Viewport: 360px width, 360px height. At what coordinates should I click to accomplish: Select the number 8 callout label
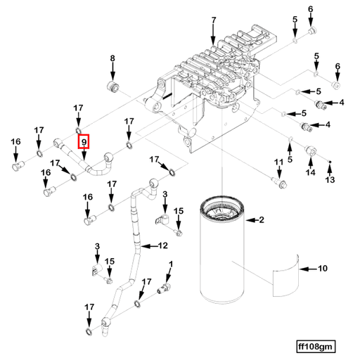pyautogui.click(x=112, y=58)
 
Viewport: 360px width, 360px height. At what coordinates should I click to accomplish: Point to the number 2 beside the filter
pyautogui.click(x=261, y=221)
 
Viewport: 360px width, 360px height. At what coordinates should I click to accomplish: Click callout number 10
pyautogui.click(x=323, y=268)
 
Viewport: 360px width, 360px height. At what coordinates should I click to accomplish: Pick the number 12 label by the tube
pyautogui.click(x=163, y=246)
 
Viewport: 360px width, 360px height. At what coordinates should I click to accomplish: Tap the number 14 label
pyautogui.click(x=309, y=171)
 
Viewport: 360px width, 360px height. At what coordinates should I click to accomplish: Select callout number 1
pyautogui.click(x=169, y=264)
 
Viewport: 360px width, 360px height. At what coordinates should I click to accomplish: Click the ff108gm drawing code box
pyautogui.click(x=316, y=346)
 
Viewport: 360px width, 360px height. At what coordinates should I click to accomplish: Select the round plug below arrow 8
pyautogui.click(x=110, y=86)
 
